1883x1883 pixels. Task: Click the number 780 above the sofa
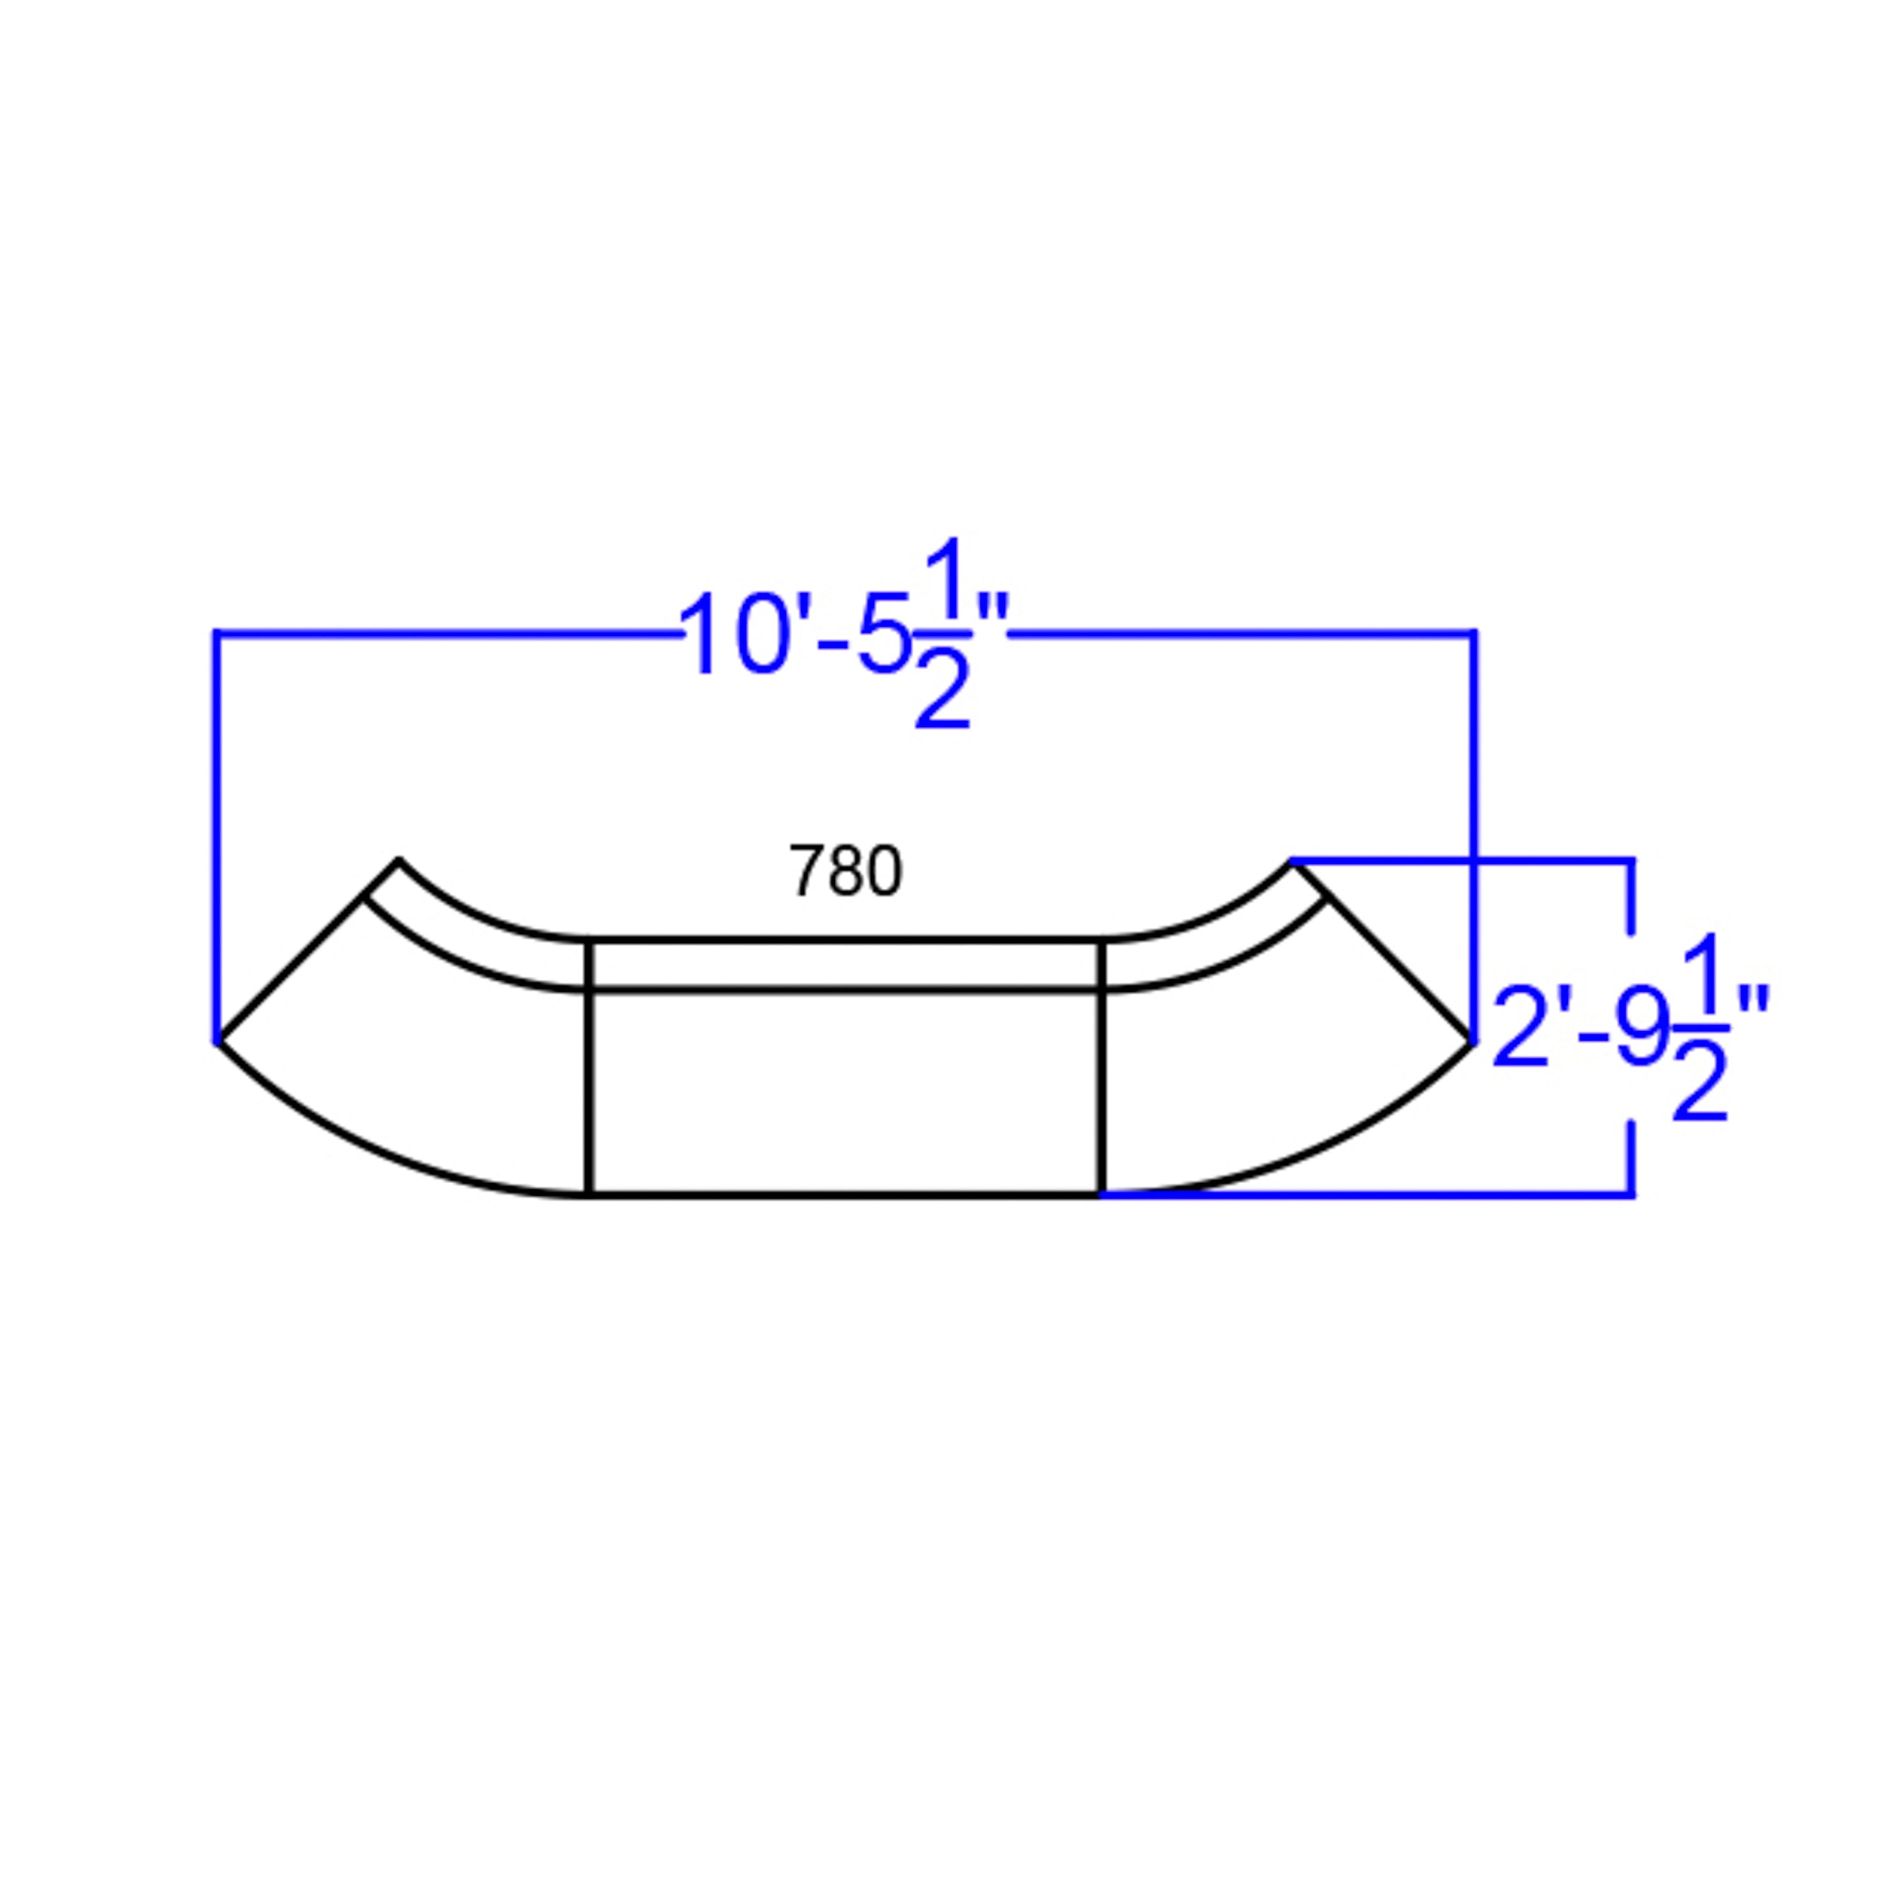point(845,871)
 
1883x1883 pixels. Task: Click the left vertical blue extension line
point(215,837)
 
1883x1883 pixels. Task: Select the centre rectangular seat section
point(845,1092)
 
